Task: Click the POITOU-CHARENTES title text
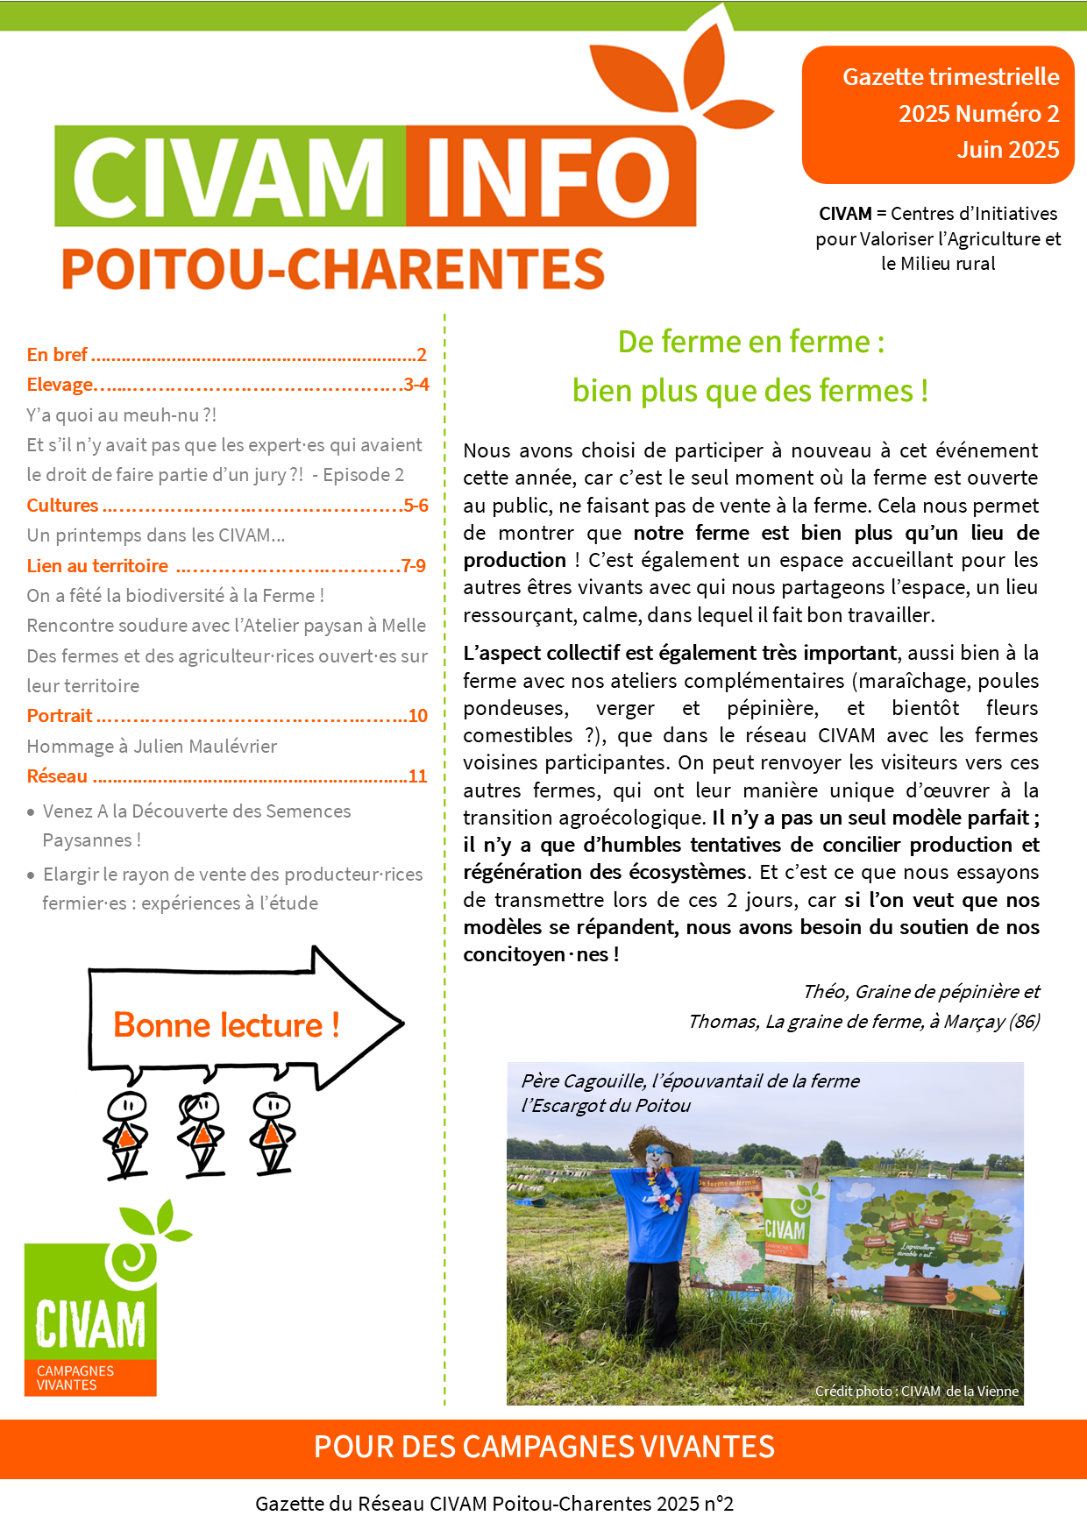coord(333,269)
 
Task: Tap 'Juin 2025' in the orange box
coord(1007,150)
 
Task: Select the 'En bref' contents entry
coord(57,355)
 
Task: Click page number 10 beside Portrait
coord(418,716)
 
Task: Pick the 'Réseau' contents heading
coord(57,776)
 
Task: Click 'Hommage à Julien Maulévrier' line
coord(152,747)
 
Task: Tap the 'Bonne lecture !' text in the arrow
coord(226,1025)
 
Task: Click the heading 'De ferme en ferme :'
coord(750,342)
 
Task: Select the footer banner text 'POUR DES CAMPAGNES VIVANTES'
coord(543,1447)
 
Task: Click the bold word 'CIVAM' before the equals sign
coord(845,214)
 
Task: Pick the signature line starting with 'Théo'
coord(920,992)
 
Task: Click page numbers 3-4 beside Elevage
coord(416,385)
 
